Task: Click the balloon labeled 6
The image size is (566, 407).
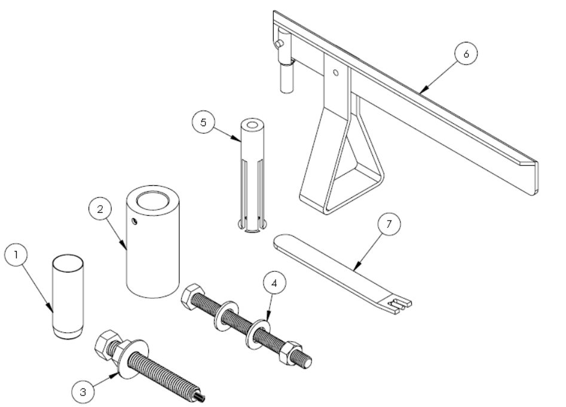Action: point(466,54)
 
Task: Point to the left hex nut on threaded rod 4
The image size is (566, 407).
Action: point(192,296)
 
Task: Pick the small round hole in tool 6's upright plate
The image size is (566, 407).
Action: point(336,73)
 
